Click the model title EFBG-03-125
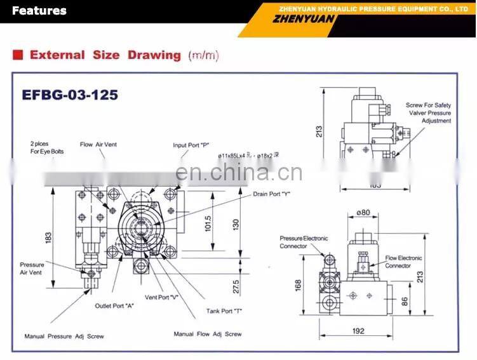tap(70, 95)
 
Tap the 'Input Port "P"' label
tap(191, 145)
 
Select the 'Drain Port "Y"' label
tap(271, 194)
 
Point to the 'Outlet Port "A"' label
tap(114, 305)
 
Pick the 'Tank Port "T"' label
tap(224, 310)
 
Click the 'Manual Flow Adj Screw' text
tap(208, 334)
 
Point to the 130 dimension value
tap(236, 223)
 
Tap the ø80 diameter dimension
tap(363, 213)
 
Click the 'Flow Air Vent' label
tap(98, 145)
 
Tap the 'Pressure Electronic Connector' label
tap(304, 242)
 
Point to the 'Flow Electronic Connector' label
tap(404, 262)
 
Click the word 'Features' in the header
tap(39, 10)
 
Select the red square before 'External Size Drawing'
tap(18, 55)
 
